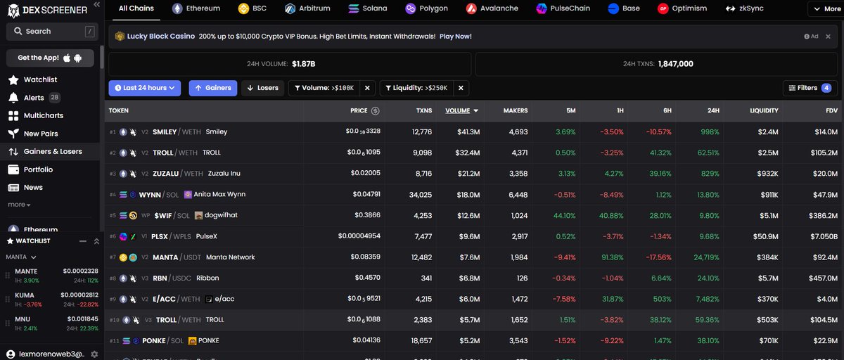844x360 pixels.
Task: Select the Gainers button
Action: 212,88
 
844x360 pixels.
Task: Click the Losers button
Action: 261,88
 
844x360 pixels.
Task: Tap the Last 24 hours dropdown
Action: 145,88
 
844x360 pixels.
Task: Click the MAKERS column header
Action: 516,110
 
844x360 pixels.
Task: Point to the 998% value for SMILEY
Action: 708,131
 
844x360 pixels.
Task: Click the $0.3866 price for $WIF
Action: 366,215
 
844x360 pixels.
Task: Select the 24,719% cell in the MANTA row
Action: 704,257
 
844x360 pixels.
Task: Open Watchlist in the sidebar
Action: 40,79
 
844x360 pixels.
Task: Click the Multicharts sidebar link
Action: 43,115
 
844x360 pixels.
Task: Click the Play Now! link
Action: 455,36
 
